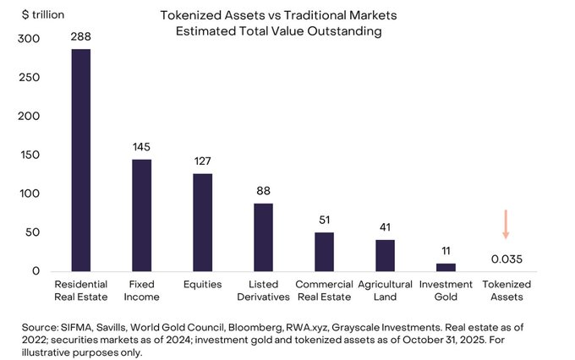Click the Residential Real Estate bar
pos(81,160)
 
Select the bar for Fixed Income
pos(142,215)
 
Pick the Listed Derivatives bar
pos(264,237)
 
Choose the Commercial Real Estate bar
pos(325,252)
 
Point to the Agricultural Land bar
pos(386,255)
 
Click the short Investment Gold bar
pos(446,267)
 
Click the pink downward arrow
pos(506,225)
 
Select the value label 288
pos(81,36)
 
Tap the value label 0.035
pos(507,259)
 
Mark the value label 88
pos(264,191)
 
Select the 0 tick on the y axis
pos(36,271)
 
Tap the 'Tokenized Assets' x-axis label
pos(507,291)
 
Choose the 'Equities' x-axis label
pos(203,285)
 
